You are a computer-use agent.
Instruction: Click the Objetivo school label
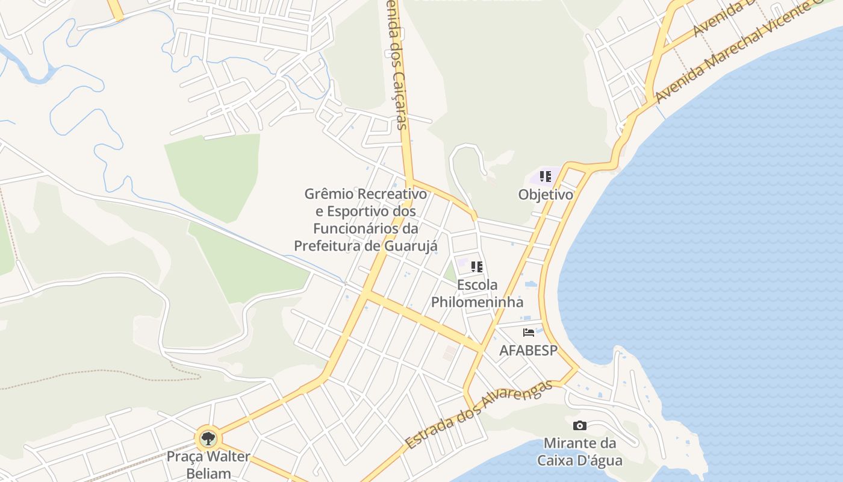[546, 195]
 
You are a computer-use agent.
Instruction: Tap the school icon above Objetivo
[545, 177]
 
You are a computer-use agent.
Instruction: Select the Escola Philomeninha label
[477, 293]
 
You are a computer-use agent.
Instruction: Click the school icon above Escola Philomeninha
[476, 266]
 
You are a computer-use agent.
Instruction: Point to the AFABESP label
[528, 350]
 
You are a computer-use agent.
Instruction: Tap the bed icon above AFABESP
[529, 333]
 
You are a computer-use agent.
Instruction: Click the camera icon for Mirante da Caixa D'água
[580, 426]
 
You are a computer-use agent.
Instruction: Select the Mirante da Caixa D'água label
[580, 452]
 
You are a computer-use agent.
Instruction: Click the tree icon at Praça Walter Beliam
[208, 438]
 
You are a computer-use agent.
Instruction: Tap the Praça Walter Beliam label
[208, 465]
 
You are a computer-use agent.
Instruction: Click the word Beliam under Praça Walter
[208, 473]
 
